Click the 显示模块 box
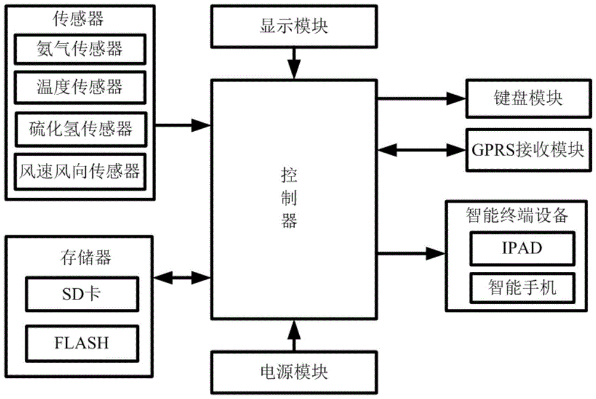click(x=293, y=26)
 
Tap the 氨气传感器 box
click(x=79, y=48)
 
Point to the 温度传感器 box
click(x=79, y=87)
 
